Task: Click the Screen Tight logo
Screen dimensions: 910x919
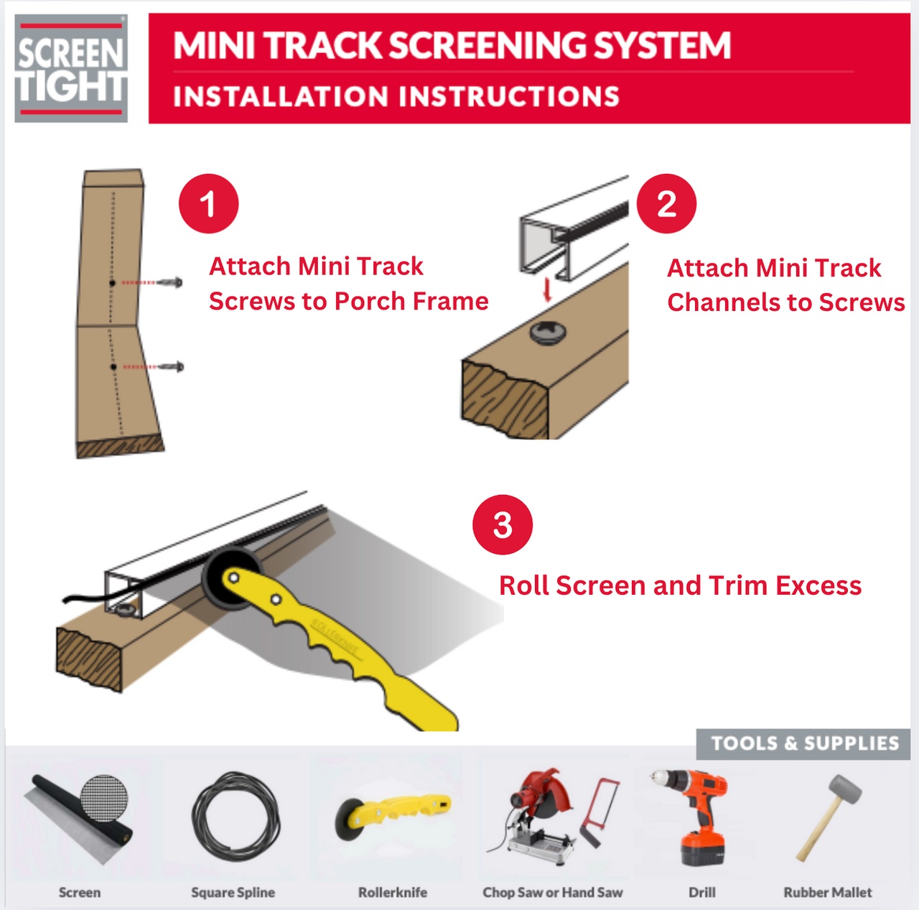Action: [x=71, y=69]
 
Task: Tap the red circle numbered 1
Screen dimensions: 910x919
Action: [x=208, y=204]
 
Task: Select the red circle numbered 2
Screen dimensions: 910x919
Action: [x=666, y=204]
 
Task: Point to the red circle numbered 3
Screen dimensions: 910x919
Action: [x=503, y=525]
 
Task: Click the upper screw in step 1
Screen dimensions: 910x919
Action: [x=171, y=282]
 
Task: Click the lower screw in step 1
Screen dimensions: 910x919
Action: [x=172, y=367]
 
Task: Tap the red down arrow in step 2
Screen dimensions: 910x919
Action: [x=547, y=290]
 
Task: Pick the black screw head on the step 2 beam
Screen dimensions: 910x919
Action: [x=548, y=333]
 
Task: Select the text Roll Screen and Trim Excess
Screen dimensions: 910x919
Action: [x=680, y=586]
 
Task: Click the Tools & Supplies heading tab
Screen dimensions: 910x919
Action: [x=804, y=743]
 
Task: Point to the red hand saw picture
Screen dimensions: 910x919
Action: [x=600, y=812]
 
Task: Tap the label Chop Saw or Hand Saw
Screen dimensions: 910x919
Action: [x=552, y=893]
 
